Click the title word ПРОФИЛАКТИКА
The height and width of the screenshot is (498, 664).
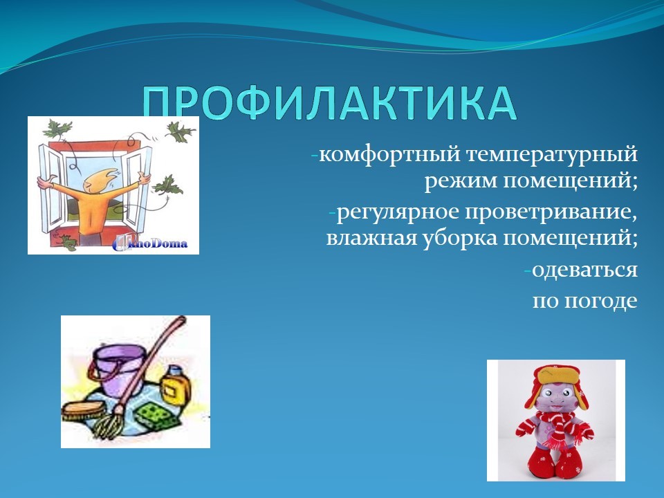pyautogui.click(x=329, y=102)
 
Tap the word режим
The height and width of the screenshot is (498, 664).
pyautogui.click(x=461, y=182)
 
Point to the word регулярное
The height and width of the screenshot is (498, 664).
pyautogui.click(x=398, y=212)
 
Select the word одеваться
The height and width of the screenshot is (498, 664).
pyautogui.click(x=584, y=270)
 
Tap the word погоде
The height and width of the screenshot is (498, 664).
pyautogui.click(x=601, y=302)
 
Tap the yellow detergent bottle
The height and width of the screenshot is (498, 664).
pyautogui.click(x=173, y=385)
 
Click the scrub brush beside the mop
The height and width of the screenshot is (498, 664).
pyautogui.click(x=82, y=411)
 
